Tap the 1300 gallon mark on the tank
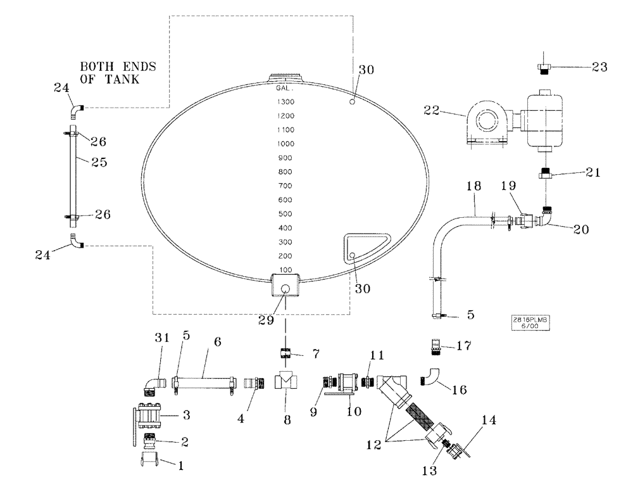pos(285,102)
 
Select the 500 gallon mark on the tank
pos(285,214)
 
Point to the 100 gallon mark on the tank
pos(286,270)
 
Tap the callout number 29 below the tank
pos(266,320)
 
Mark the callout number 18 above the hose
pos(475,187)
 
